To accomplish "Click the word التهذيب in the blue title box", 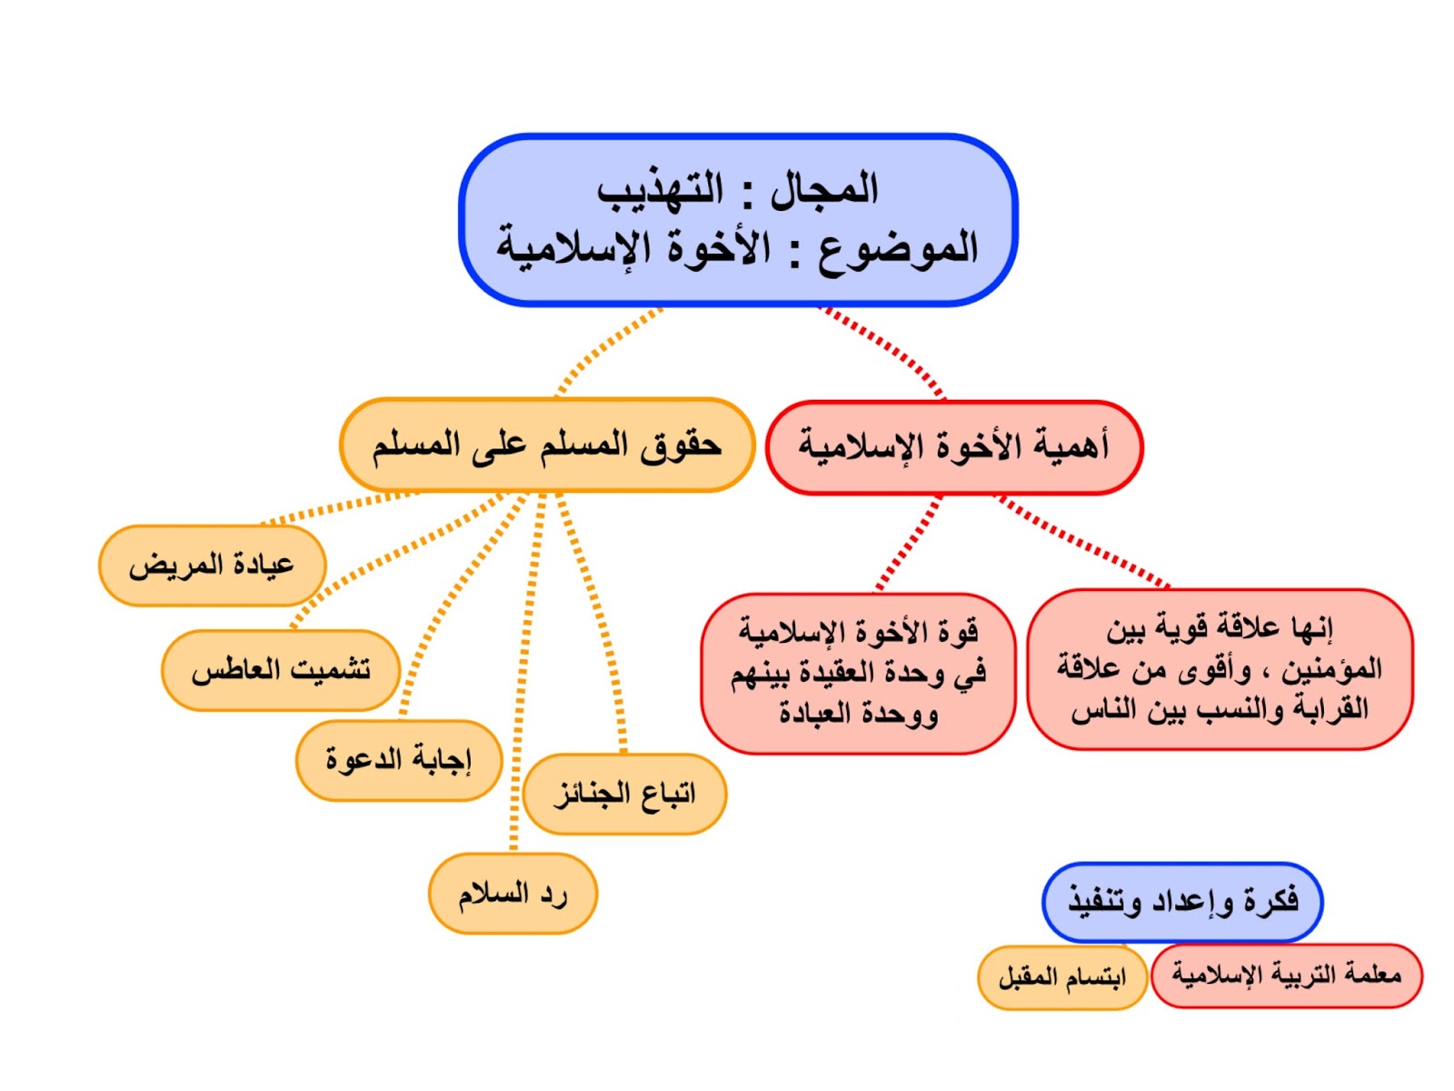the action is pyautogui.click(x=661, y=190).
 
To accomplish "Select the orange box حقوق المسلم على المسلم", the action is pyautogui.click(x=547, y=445).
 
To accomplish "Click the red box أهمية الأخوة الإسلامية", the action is pyautogui.click(x=954, y=447).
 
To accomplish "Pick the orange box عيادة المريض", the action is pyautogui.click(x=212, y=566).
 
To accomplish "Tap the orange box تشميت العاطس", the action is pyautogui.click(x=281, y=670).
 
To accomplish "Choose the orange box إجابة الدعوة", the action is pyautogui.click(x=398, y=760).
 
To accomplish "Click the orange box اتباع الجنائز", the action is pyautogui.click(x=624, y=794).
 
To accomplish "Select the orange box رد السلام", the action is pyautogui.click(x=513, y=894).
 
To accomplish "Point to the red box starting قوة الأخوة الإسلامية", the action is pyautogui.click(x=858, y=673).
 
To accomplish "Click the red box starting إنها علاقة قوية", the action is pyautogui.click(x=1220, y=669).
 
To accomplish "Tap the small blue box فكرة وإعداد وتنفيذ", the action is pyautogui.click(x=1182, y=902).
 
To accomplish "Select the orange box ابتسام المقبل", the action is pyautogui.click(x=1061, y=977).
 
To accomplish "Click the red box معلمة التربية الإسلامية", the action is pyautogui.click(x=1286, y=976).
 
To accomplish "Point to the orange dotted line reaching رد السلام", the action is pyautogui.click(x=522, y=691).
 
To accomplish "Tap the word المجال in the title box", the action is pyautogui.click(x=823, y=190).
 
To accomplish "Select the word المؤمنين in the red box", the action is pyautogui.click(x=1332, y=670).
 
